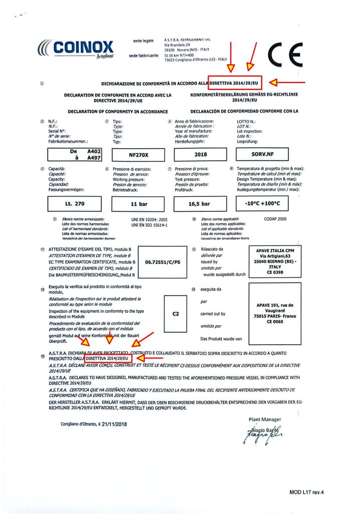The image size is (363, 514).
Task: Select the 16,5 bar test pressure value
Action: pos(199,204)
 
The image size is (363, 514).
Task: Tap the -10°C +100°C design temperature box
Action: pos(266,204)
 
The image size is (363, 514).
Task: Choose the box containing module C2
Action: pos(175,314)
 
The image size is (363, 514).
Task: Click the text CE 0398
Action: pos(276,273)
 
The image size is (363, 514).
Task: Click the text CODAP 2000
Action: pos(275,219)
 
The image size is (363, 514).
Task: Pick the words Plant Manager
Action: pos(265,419)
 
